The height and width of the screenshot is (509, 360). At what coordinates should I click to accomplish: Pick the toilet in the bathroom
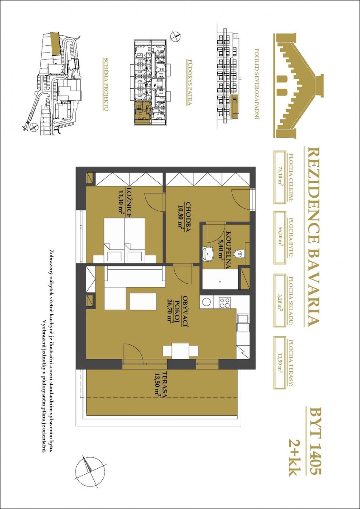[x=239, y=253]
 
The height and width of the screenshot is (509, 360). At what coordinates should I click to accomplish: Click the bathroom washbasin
[x=208, y=254]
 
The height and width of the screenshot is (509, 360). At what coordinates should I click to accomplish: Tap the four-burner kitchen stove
[x=225, y=302]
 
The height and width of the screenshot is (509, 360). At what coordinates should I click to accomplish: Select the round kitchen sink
[x=207, y=302]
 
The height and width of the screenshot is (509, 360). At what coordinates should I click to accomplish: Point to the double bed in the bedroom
[x=125, y=240]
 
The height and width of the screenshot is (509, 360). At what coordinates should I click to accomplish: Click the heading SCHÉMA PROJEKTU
[x=106, y=84]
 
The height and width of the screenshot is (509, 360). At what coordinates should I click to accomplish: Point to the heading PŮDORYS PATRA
[x=189, y=82]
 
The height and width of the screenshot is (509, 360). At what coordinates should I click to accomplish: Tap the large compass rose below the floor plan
[x=90, y=478]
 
